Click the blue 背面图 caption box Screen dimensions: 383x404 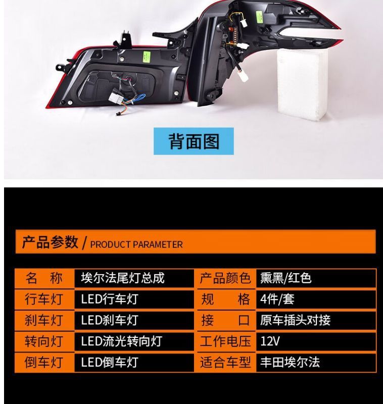[194, 141]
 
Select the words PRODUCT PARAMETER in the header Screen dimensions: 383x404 [136, 244]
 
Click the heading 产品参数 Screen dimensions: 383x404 [50, 242]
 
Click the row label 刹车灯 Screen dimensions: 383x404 [44, 321]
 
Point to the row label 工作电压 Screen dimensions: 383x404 [225, 341]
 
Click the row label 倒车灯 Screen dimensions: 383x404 [44, 363]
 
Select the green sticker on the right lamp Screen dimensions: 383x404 [259, 17]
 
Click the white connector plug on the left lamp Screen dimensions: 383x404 [115, 98]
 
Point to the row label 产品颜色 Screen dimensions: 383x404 [225, 278]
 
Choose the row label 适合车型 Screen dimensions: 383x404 [225, 363]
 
